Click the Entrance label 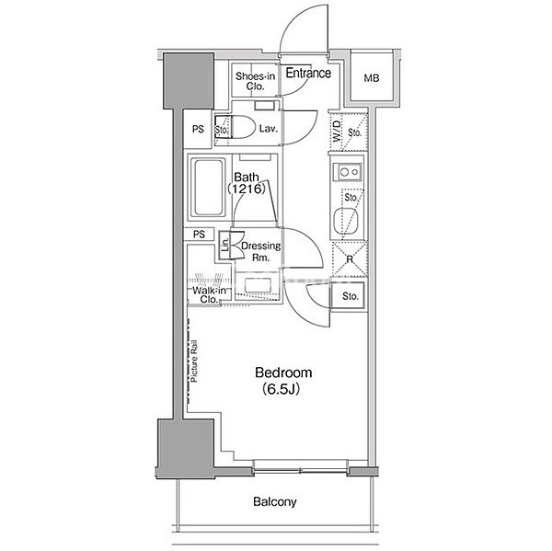coord(308,73)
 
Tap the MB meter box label coord(372,78)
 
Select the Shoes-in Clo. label coord(255,81)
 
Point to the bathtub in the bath coord(208,188)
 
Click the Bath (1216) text coord(247,183)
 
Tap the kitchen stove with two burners coord(348,172)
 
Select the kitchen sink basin coord(346,221)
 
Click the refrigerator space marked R coord(349,258)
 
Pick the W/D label coord(337,131)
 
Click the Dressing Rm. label coord(261,251)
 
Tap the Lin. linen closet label coord(225,245)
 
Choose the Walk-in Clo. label coord(209,295)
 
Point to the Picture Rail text coord(194,361)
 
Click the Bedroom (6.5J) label coord(283,381)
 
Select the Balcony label coord(274,501)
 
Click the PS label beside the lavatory coord(198,129)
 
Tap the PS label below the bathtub coord(199,235)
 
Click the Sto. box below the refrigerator coord(349,295)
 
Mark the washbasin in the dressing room coord(258,285)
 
